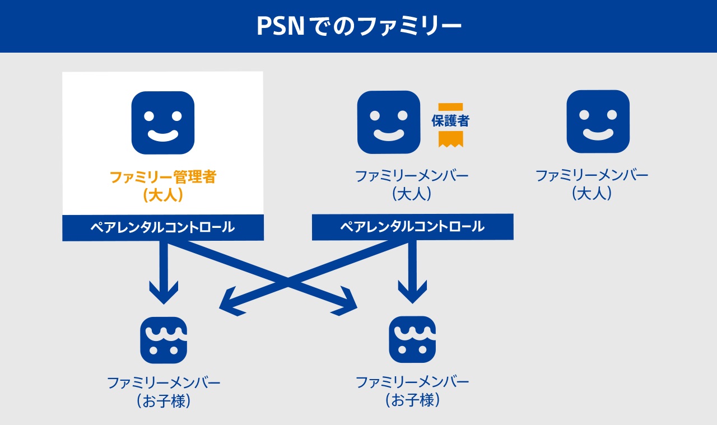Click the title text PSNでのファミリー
pyautogui.click(x=358, y=26)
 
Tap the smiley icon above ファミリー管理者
pyautogui.click(x=162, y=123)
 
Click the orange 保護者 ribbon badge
pyautogui.click(x=450, y=124)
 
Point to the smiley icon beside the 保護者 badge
pyautogui.click(x=389, y=122)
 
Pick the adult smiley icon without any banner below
pyautogui.click(x=598, y=122)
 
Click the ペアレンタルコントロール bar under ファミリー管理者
pyautogui.click(x=162, y=227)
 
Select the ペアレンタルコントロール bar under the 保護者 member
pyautogui.click(x=412, y=227)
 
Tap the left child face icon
pyautogui.click(x=163, y=340)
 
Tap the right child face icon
pyautogui.click(x=412, y=339)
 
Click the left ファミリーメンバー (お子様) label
pyautogui.click(x=164, y=392)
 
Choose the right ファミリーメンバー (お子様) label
pyautogui.click(x=412, y=391)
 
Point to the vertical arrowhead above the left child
pyautogui.click(x=163, y=292)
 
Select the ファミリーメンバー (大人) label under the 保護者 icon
pyautogui.click(x=412, y=185)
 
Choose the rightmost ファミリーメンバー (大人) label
pyautogui.click(x=592, y=184)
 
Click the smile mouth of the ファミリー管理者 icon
pyautogui.click(x=162, y=135)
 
